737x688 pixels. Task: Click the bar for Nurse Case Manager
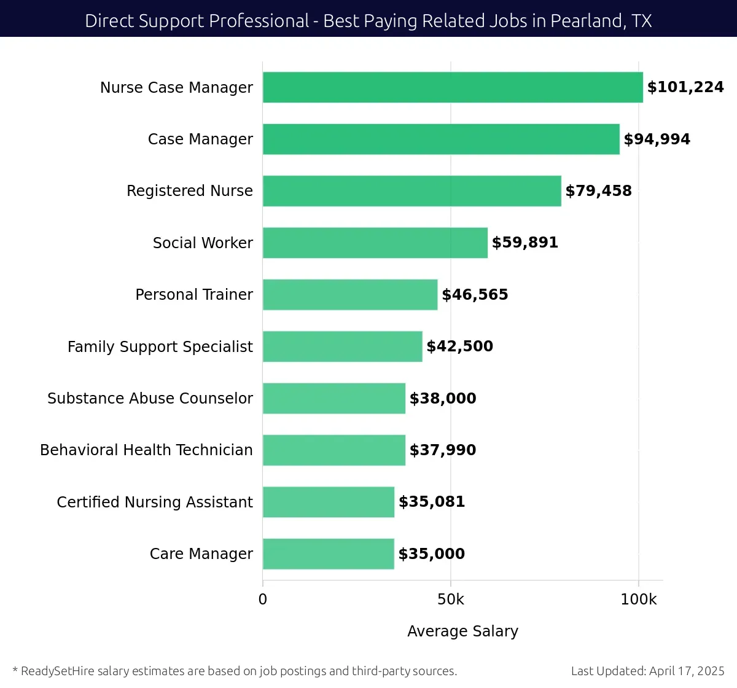tap(453, 87)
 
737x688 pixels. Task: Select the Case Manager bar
tap(441, 139)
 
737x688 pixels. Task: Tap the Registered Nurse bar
tap(411, 191)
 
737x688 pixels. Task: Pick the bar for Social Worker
tap(375, 243)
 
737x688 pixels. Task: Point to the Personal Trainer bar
tap(350, 295)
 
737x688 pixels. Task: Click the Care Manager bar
tap(328, 554)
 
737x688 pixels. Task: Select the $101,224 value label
tap(685, 87)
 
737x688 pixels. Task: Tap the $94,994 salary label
tap(657, 139)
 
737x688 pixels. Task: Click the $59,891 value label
tap(524, 243)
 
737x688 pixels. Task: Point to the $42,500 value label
tap(459, 346)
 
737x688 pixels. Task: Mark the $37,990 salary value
tap(442, 450)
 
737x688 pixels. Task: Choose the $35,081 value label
tap(431, 502)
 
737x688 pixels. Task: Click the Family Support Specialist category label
tap(160, 347)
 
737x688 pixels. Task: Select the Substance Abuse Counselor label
tap(150, 399)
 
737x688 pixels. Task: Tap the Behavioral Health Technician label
tap(146, 450)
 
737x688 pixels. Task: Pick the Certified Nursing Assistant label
tap(155, 502)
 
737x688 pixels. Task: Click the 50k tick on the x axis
tap(450, 600)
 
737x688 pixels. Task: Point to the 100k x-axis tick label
tap(638, 600)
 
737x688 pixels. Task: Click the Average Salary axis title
tap(462, 631)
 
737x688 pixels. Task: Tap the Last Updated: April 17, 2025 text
tap(647, 671)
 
